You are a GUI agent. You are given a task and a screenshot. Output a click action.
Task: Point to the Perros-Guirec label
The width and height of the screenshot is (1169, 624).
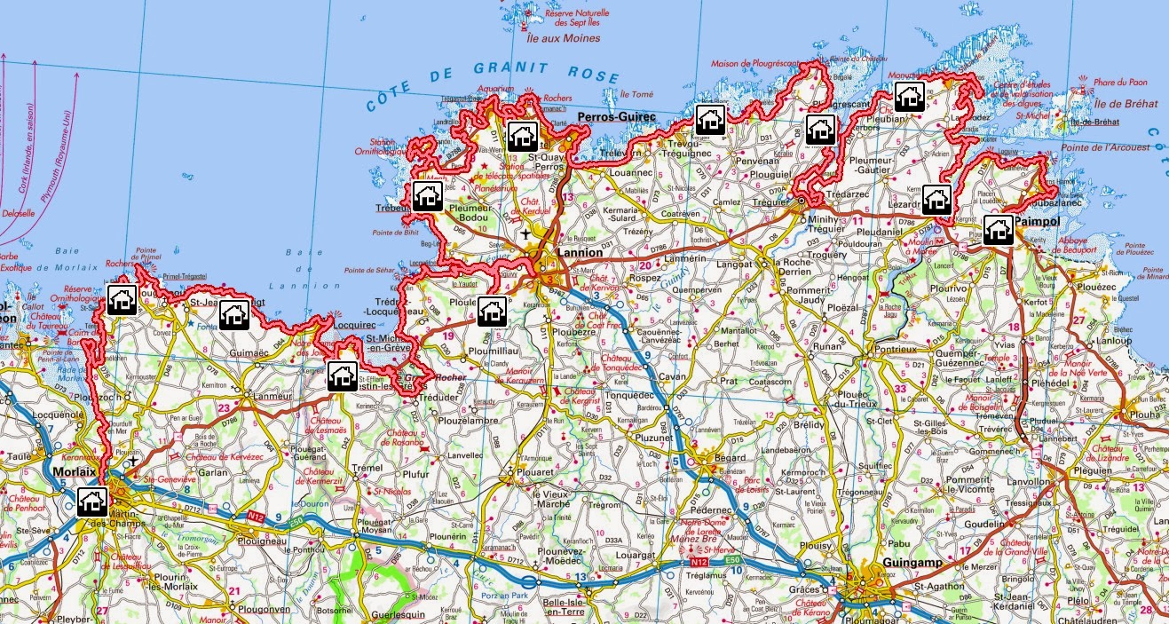616,117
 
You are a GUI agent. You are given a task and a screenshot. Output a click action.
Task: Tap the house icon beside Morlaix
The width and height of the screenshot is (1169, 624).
91,502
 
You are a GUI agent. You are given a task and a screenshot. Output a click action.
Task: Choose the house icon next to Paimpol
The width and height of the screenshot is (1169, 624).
999,229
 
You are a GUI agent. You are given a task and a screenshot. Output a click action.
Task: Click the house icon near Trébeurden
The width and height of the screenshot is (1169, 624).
427,196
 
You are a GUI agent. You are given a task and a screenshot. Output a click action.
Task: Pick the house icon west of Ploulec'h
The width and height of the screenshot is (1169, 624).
491,311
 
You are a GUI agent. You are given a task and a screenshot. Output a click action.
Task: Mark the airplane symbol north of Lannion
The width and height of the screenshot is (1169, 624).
527,233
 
